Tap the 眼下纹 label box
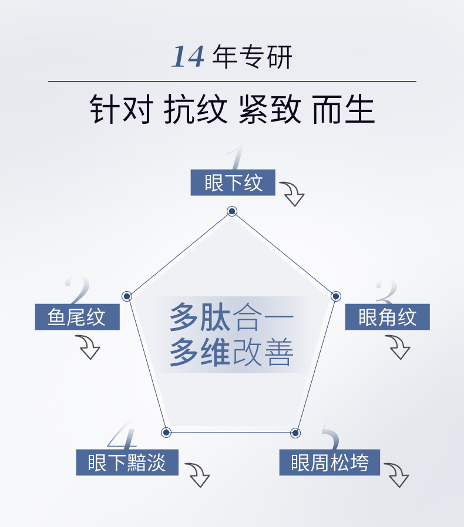point(233,183)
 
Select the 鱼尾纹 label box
point(77,317)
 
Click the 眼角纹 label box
point(387,317)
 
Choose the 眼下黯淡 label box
point(127,462)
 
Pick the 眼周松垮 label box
point(329,462)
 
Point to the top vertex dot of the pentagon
point(232,211)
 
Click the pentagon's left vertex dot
point(127,296)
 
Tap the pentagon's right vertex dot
point(336,296)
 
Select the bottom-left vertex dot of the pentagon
point(166,433)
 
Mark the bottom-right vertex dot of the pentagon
point(295,433)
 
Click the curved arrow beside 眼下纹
point(292,193)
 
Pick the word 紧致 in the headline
point(270,110)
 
